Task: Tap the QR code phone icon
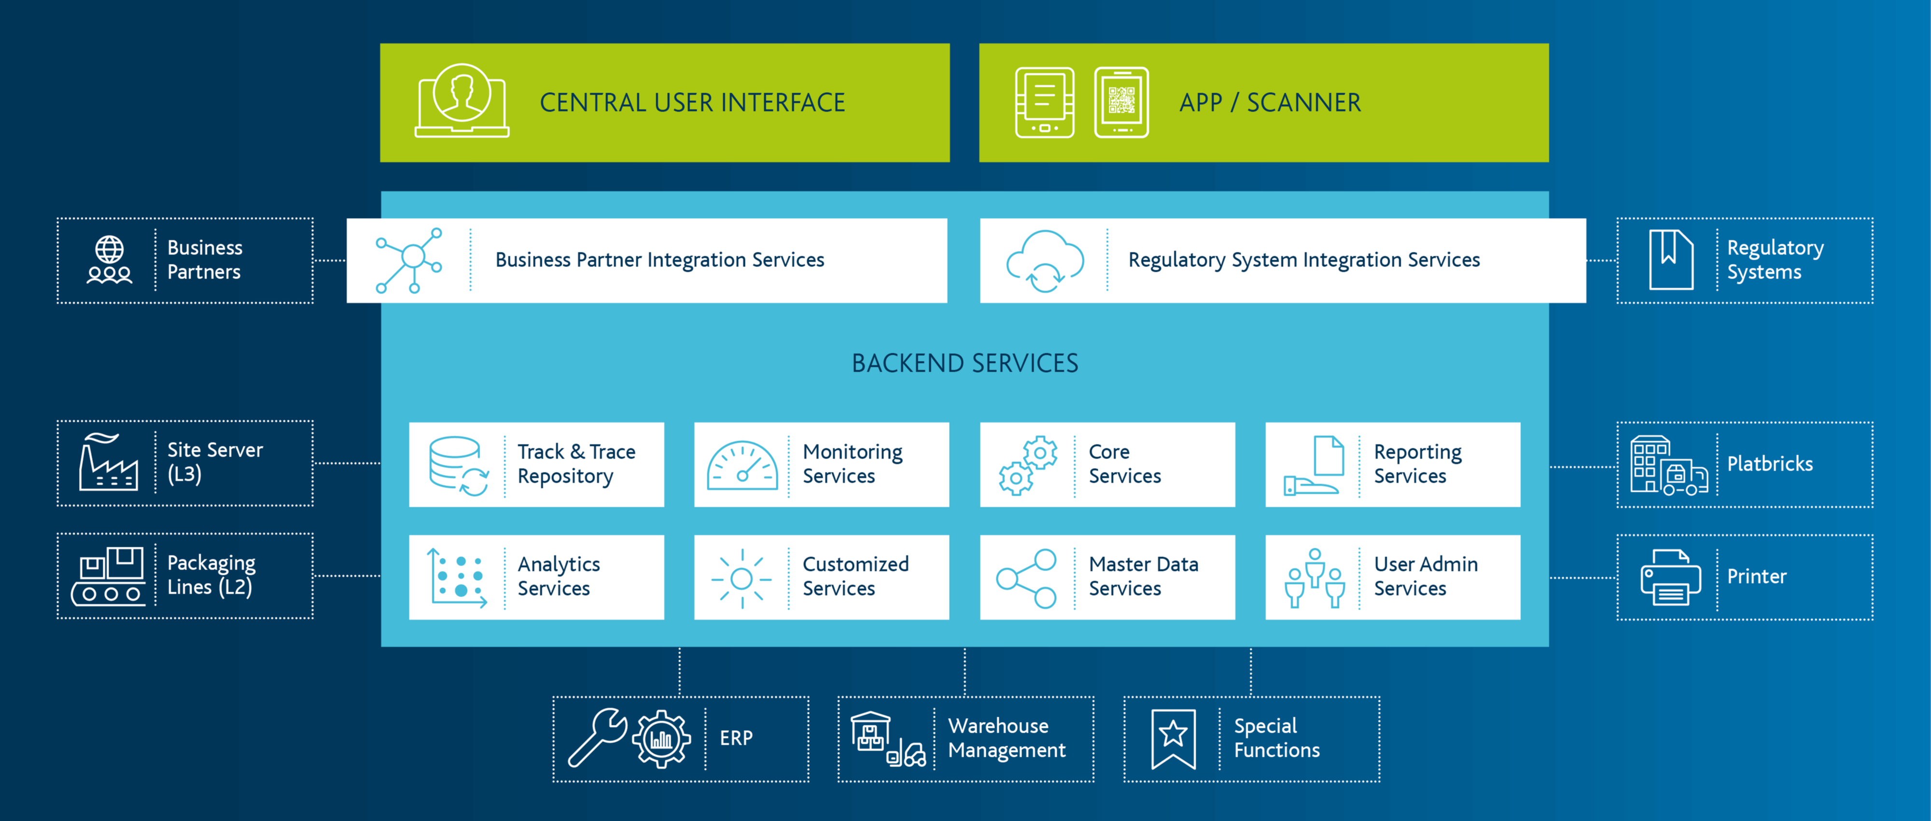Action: point(1121,103)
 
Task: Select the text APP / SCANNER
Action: point(1270,103)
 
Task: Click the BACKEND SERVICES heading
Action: point(965,364)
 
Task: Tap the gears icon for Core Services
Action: point(1028,466)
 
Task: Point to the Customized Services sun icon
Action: point(742,578)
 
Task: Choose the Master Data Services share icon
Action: point(1026,578)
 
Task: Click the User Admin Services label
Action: point(1425,576)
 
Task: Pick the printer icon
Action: point(1670,577)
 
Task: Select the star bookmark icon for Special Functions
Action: point(1173,738)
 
